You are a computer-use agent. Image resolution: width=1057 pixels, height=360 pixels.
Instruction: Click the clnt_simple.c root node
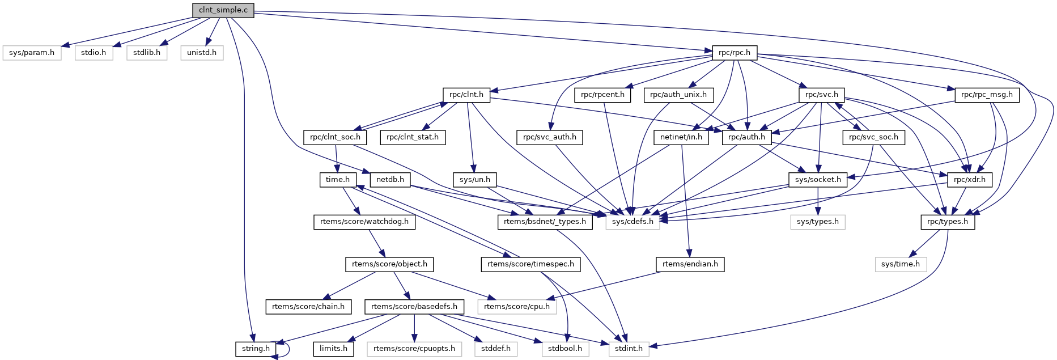point(223,10)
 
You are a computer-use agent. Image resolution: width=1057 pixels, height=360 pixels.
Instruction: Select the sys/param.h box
point(32,53)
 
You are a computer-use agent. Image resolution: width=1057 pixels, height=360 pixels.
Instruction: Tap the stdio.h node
point(94,53)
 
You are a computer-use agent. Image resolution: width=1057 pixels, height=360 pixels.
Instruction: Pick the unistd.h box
point(202,53)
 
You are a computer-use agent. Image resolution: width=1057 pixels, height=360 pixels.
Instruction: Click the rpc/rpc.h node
point(734,53)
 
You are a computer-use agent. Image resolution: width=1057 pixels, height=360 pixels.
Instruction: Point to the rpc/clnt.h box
point(466,95)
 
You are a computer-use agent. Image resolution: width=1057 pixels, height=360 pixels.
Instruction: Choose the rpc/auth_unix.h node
point(678,95)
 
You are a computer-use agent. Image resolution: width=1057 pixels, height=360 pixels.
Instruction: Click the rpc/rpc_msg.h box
point(987,95)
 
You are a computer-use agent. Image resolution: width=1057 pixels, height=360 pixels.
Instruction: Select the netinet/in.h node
point(681,137)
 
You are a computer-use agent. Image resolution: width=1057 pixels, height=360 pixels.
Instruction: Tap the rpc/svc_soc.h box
point(873,137)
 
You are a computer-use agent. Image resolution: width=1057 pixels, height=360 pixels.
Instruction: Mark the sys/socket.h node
point(818,180)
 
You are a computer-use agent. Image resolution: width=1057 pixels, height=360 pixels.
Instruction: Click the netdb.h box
point(390,180)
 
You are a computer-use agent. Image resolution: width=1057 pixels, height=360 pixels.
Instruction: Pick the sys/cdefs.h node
point(632,222)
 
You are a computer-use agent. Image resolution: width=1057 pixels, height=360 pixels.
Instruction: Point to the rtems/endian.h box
point(690,264)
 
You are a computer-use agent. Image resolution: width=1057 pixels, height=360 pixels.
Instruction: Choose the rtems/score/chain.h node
point(308,307)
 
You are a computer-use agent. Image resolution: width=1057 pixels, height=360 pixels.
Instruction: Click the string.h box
point(256,349)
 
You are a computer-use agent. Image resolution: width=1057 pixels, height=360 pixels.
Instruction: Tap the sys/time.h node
point(901,264)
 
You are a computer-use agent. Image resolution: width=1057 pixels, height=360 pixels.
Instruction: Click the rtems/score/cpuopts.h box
point(414,349)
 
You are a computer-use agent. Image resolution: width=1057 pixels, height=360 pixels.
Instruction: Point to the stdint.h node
point(629,349)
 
